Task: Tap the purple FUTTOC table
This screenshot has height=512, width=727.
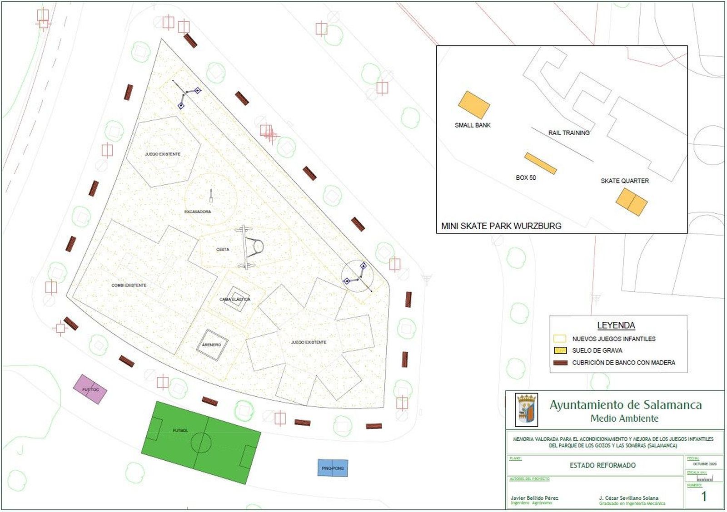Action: click(90, 389)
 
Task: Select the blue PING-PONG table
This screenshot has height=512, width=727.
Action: click(333, 468)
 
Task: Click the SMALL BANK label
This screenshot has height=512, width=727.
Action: click(473, 125)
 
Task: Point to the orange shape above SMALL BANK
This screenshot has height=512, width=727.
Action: click(473, 105)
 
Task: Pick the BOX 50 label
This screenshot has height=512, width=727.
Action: click(526, 177)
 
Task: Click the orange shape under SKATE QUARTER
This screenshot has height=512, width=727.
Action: click(631, 202)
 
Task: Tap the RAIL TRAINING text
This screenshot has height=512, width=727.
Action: click(568, 133)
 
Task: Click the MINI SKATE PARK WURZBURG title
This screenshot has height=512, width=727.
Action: click(501, 226)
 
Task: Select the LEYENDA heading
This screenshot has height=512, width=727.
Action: click(616, 325)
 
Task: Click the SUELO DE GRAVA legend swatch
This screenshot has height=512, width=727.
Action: click(560, 350)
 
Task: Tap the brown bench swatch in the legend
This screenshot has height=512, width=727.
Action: click(560, 363)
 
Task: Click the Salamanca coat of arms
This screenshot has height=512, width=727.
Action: click(527, 410)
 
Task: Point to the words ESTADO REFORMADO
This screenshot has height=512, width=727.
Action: click(603, 465)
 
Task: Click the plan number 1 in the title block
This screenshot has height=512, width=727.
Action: click(704, 496)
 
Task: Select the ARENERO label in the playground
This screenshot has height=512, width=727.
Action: click(211, 345)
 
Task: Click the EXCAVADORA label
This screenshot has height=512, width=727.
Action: click(198, 212)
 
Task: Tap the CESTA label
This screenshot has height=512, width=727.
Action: click(223, 250)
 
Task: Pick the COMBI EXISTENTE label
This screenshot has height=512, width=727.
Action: click(129, 286)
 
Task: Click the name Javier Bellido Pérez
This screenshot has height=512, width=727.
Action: click(534, 498)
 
